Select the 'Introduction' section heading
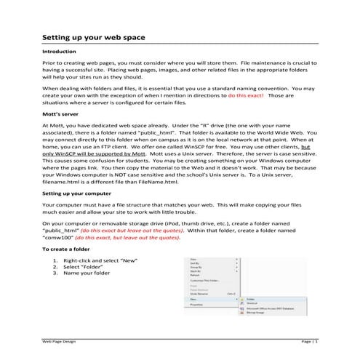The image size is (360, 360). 60,52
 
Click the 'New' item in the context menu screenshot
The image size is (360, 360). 193,297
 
